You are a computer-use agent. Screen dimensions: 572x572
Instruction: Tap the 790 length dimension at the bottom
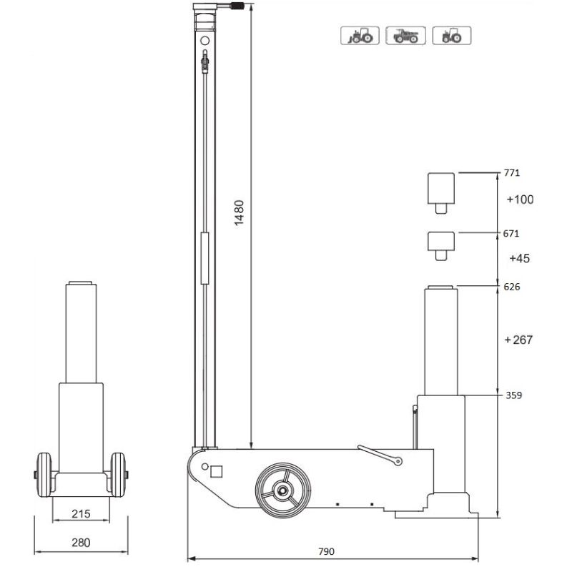(326, 551)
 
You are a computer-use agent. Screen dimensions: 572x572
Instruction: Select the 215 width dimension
(81, 514)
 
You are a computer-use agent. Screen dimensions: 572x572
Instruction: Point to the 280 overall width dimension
(82, 542)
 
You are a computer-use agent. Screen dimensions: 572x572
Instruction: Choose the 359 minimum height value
(513, 394)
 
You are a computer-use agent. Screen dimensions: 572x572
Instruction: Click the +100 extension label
(520, 199)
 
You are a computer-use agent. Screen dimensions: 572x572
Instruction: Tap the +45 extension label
(522, 257)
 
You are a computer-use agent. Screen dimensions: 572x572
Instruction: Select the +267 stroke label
(518, 340)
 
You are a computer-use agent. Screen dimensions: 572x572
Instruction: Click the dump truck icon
(405, 35)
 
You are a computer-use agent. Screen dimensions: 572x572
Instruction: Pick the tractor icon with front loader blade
(360, 35)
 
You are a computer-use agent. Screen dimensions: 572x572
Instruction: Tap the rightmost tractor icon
(451, 35)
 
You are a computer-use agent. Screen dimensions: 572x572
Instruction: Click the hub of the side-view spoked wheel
(282, 491)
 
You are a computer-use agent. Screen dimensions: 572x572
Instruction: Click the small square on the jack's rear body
(216, 470)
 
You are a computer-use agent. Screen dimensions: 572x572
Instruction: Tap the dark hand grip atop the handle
(237, 6)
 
